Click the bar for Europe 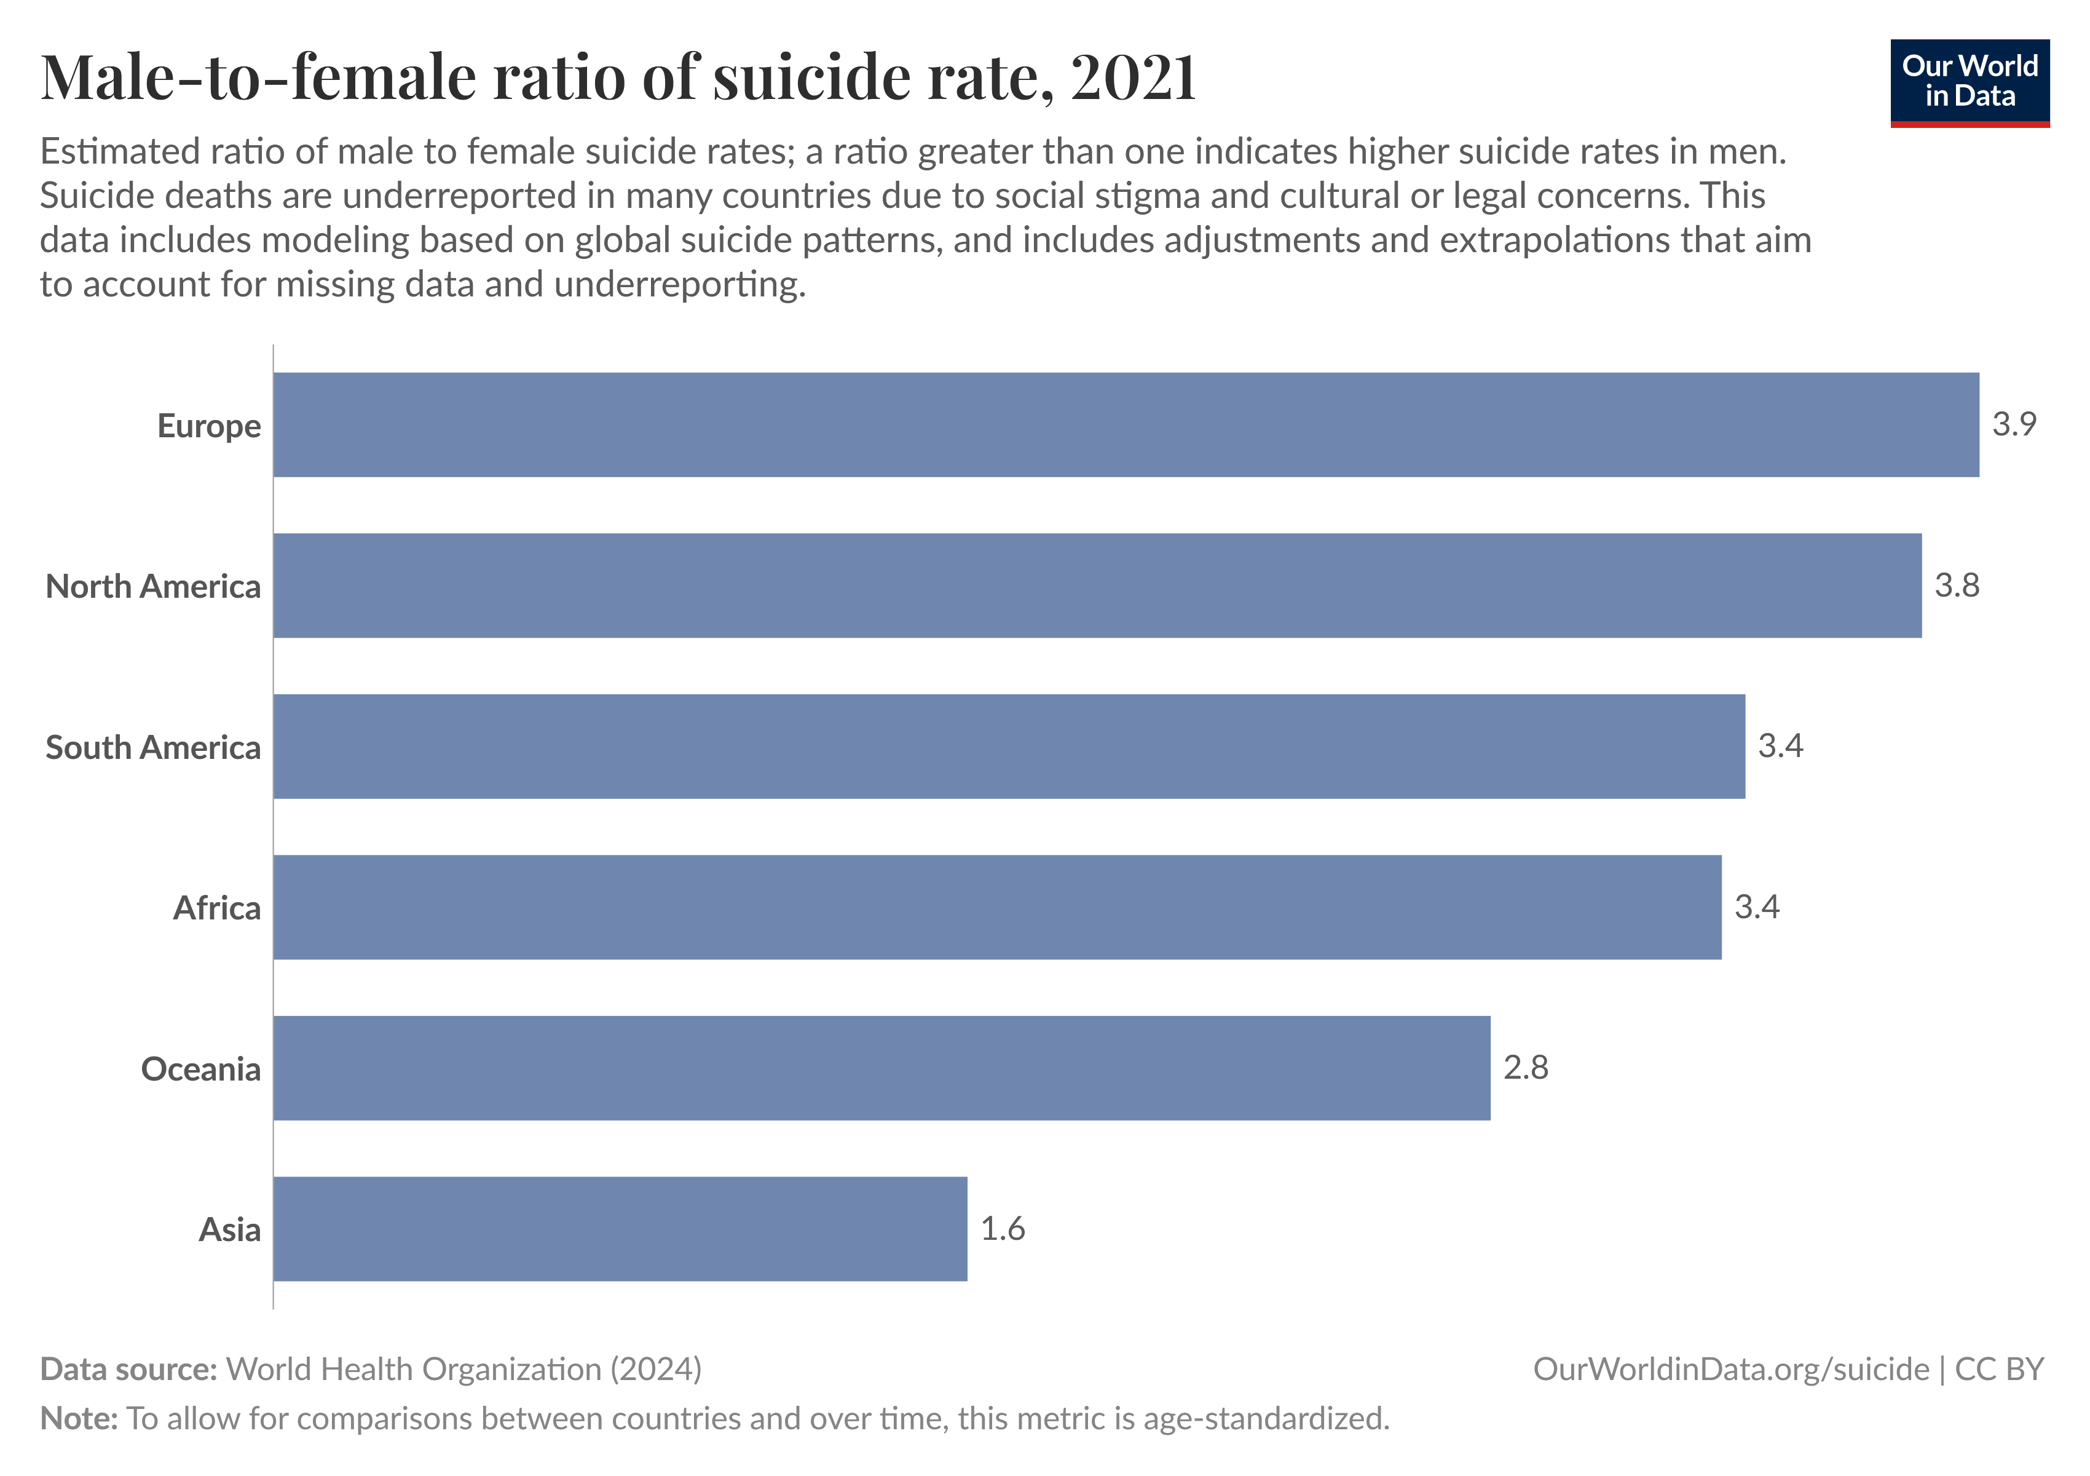click(1126, 424)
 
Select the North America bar click(1097, 585)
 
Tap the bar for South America click(1009, 747)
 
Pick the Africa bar click(997, 907)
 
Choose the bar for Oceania click(881, 1068)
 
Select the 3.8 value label click(1956, 585)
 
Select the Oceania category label click(200, 1069)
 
